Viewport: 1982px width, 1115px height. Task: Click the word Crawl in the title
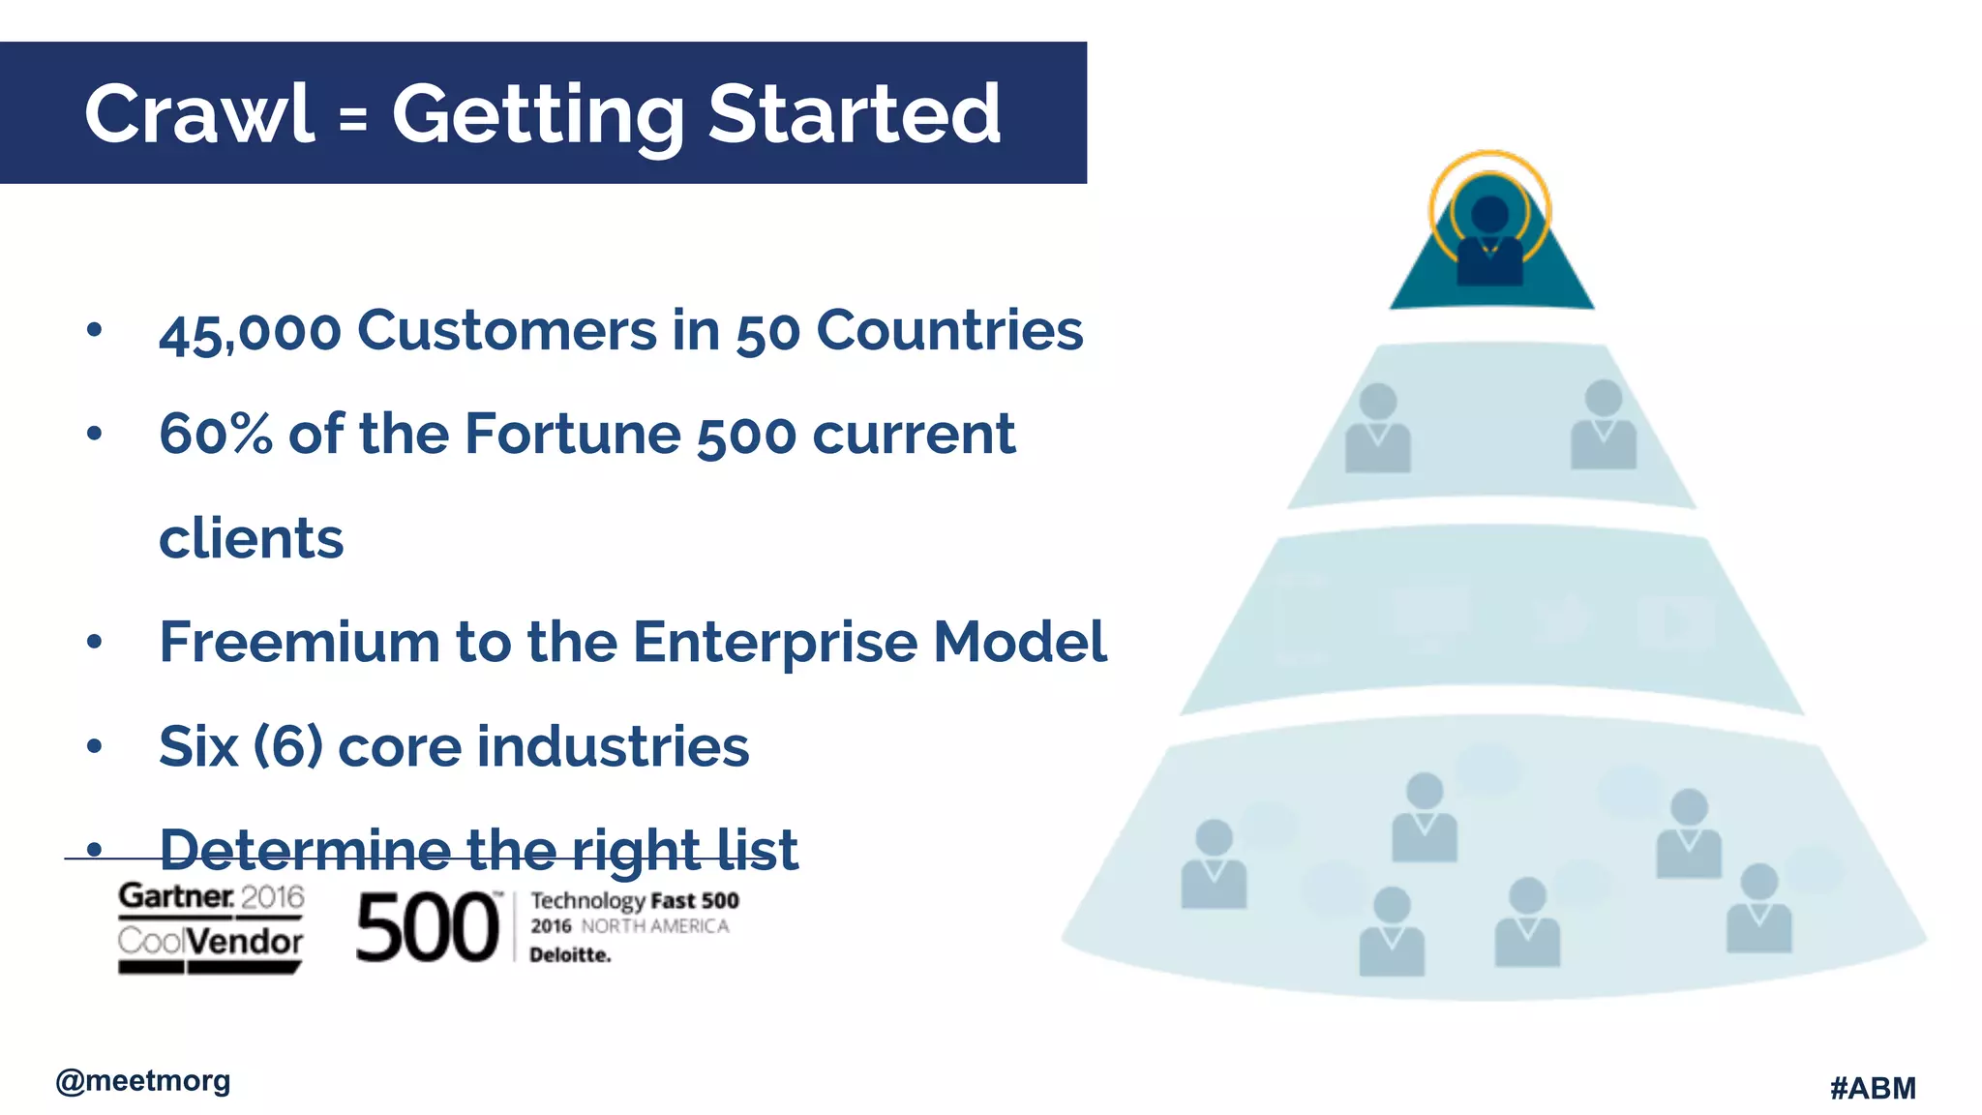199,114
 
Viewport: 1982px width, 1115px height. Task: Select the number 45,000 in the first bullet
250,332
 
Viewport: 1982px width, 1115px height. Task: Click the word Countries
949,330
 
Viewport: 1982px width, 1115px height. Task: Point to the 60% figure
216,434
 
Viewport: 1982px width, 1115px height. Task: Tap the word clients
252,538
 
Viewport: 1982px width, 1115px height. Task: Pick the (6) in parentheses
287,746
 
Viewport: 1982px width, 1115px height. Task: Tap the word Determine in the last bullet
304,850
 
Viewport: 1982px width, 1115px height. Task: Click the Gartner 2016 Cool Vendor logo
210,926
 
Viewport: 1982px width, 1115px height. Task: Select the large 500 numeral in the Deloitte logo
428,928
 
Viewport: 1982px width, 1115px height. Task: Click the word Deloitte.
570,955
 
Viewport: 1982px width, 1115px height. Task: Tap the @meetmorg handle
143,1080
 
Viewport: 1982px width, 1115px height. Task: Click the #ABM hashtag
1873,1088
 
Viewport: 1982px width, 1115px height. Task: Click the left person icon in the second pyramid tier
1377,428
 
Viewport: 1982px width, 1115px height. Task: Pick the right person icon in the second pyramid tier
1603,425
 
